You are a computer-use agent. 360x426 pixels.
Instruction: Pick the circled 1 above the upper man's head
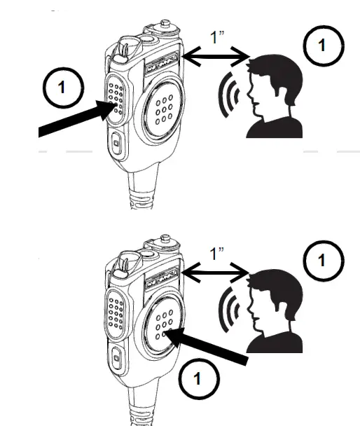coord(321,46)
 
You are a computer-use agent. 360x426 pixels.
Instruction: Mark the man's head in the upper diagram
coord(274,83)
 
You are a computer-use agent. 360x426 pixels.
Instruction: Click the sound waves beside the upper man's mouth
coord(231,93)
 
